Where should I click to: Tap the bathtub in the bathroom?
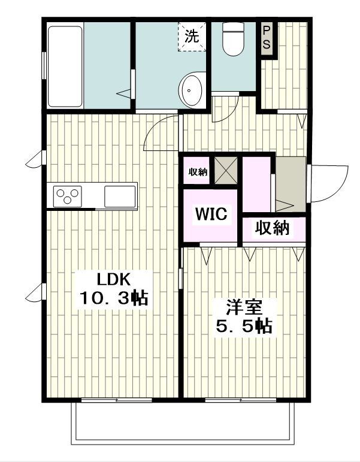point(65,66)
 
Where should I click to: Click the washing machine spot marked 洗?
point(191,36)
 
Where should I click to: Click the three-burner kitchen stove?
point(68,195)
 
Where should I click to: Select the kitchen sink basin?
point(120,196)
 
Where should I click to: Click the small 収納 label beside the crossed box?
point(198,172)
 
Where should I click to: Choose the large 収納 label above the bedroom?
point(273,228)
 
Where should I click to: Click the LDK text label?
point(114,279)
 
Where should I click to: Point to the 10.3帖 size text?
point(114,298)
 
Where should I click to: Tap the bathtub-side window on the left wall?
point(43,65)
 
